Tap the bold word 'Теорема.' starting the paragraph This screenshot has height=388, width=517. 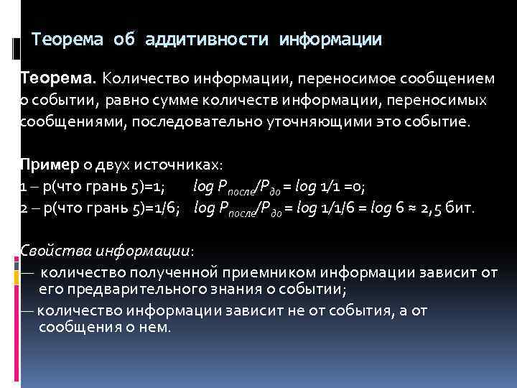point(59,77)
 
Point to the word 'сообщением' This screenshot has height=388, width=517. point(452,77)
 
